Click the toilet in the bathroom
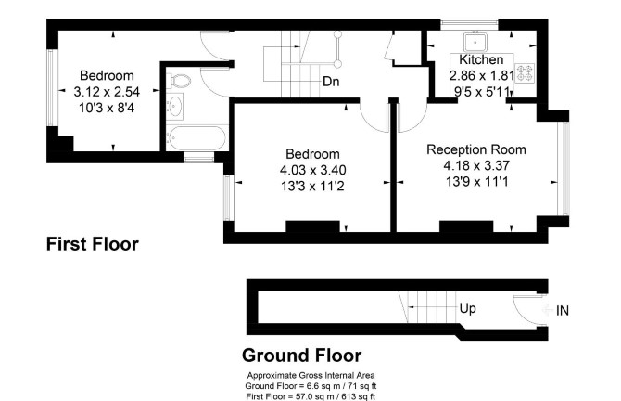click(181, 81)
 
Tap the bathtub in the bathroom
click(196, 138)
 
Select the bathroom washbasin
click(174, 107)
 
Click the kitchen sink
click(475, 41)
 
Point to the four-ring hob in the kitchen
click(525, 73)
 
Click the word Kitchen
click(481, 59)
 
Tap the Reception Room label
click(476, 149)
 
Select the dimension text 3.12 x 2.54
click(107, 92)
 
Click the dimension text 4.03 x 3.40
click(313, 170)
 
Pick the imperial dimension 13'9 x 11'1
click(476, 182)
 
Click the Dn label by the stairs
click(331, 82)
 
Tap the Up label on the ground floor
click(468, 308)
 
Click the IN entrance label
click(563, 311)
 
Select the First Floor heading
click(93, 244)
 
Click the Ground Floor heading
click(302, 356)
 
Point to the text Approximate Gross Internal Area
click(310, 375)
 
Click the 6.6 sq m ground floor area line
click(310, 386)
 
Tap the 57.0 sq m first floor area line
click(310, 396)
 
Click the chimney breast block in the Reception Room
click(466, 226)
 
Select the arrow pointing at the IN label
click(549, 310)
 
